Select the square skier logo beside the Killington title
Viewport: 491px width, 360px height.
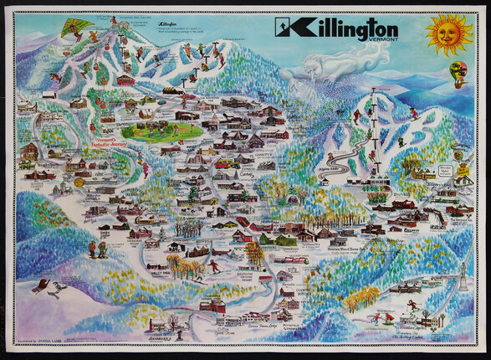point(284,28)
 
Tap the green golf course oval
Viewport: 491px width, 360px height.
point(161,131)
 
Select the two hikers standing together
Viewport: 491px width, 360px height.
point(96,250)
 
